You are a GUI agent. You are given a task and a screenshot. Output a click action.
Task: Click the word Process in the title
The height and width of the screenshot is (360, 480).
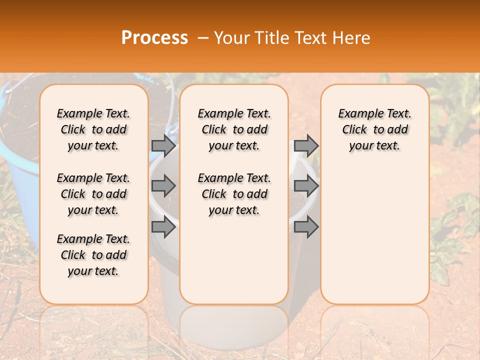pos(154,38)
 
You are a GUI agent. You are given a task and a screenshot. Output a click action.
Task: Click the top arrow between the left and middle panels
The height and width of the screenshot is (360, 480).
pos(163,145)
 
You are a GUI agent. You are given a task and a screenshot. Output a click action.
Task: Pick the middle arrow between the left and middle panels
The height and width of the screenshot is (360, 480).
pos(163,186)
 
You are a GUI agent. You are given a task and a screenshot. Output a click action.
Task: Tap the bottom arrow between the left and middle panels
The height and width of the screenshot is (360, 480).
pos(163,227)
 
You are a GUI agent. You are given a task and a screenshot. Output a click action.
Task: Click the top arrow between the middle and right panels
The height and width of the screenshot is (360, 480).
pos(306,145)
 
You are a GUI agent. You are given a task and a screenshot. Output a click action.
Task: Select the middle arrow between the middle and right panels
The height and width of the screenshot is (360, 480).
pos(306,186)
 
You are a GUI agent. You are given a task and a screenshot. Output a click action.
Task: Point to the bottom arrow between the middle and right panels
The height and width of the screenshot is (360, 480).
pos(306,227)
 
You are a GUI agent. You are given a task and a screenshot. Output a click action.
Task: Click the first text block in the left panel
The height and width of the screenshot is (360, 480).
pos(93,129)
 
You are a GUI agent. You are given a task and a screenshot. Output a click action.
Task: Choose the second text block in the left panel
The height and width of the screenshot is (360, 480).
pos(93,194)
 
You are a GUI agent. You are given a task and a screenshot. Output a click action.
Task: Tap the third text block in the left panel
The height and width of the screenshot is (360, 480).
pos(93,255)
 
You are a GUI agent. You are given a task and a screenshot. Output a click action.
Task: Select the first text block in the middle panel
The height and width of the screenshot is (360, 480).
pos(234,129)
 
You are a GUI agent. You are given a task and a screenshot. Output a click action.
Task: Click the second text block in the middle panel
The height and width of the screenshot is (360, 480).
pos(234,194)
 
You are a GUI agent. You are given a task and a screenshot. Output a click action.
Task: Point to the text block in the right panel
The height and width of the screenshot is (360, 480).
pos(374,129)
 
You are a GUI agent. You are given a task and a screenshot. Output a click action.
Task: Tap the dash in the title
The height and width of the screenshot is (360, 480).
pos(202,38)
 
